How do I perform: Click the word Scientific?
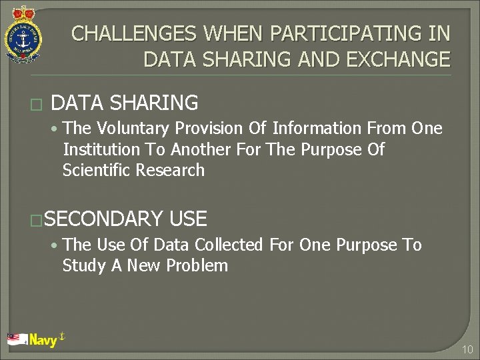click(x=97, y=170)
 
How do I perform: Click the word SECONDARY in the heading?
click(x=105, y=219)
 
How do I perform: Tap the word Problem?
click(x=197, y=265)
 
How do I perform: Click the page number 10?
click(x=467, y=349)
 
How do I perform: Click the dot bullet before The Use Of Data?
click(x=53, y=245)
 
